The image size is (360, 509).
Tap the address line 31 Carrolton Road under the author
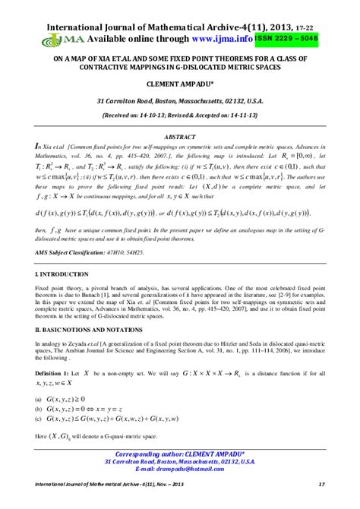[x=179, y=100]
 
